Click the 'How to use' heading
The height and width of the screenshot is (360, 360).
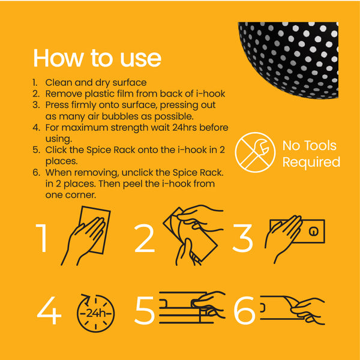pyautogui.click(x=97, y=58)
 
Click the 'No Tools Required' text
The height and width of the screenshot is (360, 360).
pyautogui.click(x=311, y=154)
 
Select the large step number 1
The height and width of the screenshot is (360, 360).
pyautogui.click(x=43, y=238)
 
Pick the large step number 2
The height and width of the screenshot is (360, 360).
pyautogui.click(x=145, y=238)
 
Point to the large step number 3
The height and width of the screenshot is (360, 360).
pyautogui.click(x=243, y=238)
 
